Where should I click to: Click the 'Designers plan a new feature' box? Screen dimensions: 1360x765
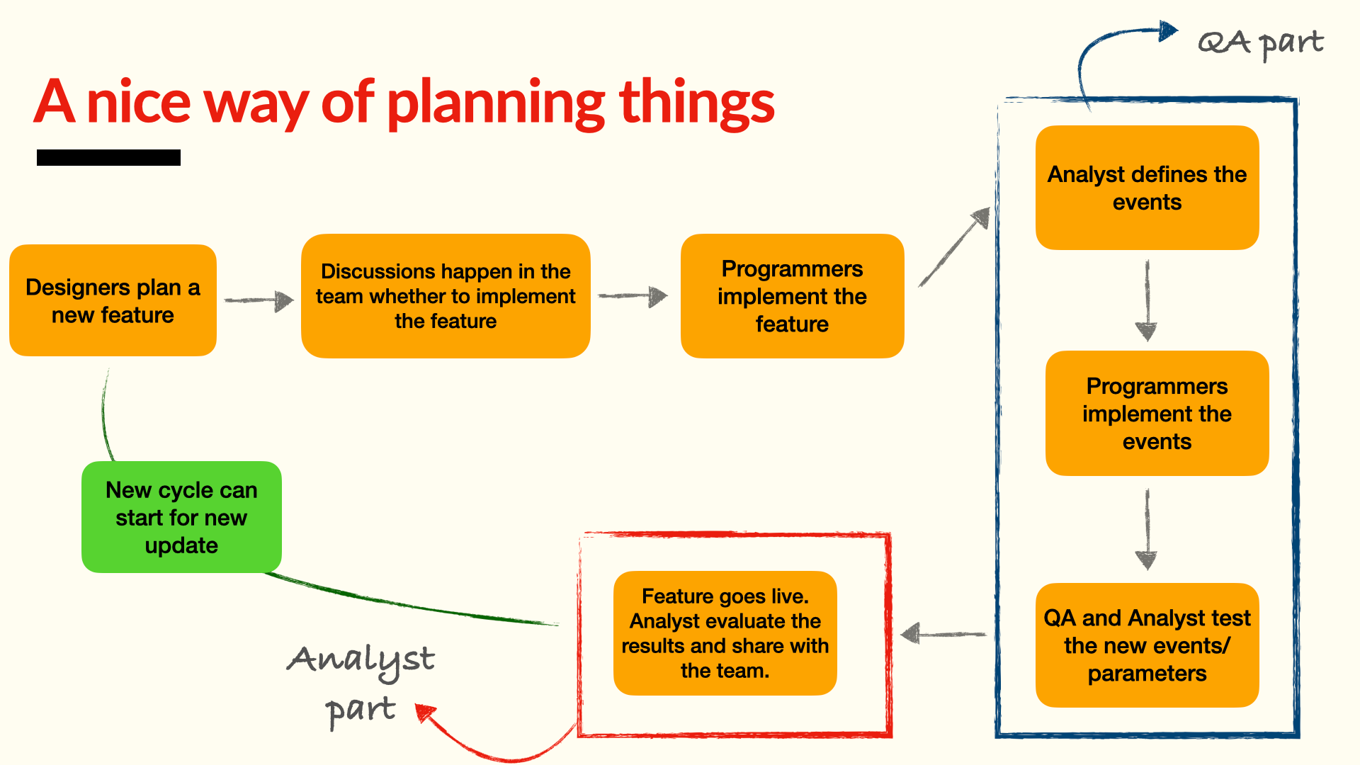(113, 300)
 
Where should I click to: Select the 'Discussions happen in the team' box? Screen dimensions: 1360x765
(446, 296)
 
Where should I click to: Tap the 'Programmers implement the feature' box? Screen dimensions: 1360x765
(792, 296)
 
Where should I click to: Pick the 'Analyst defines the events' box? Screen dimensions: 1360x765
(1147, 188)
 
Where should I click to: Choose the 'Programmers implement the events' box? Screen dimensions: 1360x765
(1157, 413)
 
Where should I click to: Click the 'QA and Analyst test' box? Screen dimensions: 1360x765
(1147, 645)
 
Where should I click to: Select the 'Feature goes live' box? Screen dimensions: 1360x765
(725, 633)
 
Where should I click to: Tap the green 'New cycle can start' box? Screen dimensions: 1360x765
(181, 517)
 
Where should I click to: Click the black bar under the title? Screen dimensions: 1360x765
(108, 157)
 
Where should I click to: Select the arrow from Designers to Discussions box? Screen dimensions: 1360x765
(259, 300)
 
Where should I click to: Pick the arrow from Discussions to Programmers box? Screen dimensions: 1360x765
(633, 296)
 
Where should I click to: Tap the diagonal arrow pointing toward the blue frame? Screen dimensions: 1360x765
(954, 247)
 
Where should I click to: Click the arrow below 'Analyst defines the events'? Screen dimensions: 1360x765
(1147, 300)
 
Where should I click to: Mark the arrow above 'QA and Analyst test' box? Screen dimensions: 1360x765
(1147, 529)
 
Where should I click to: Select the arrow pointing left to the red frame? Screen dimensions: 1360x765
(943, 633)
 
